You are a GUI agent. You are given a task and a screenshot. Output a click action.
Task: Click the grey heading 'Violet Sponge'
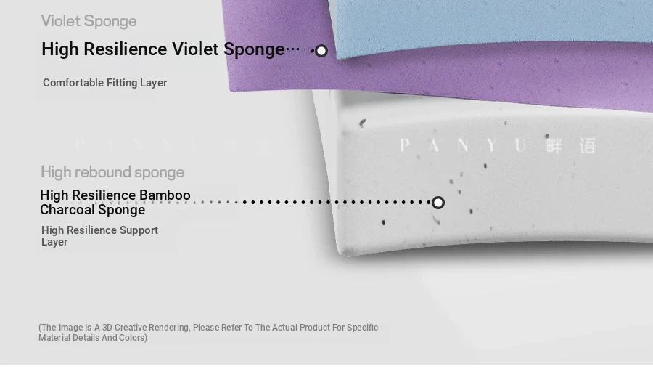[89, 21]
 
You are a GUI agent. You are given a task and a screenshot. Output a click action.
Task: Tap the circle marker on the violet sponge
[321, 51]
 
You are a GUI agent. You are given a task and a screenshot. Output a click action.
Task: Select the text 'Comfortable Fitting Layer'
[105, 83]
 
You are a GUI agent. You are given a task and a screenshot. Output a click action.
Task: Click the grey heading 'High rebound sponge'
[112, 172]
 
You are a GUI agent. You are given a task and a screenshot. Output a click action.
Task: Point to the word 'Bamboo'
[165, 195]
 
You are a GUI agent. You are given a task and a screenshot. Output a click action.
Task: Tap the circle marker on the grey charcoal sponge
[438, 203]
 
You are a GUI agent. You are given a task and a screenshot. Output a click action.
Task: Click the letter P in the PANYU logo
[404, 145]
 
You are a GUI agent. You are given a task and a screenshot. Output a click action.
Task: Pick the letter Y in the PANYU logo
[491, 145]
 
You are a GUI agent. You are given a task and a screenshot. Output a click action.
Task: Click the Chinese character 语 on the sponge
[588, 146]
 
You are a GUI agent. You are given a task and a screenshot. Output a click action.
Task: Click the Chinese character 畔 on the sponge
[554, 146]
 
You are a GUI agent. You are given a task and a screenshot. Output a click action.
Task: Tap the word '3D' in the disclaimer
[107, 328]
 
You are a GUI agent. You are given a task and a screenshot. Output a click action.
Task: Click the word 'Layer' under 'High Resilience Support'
[54, 243]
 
